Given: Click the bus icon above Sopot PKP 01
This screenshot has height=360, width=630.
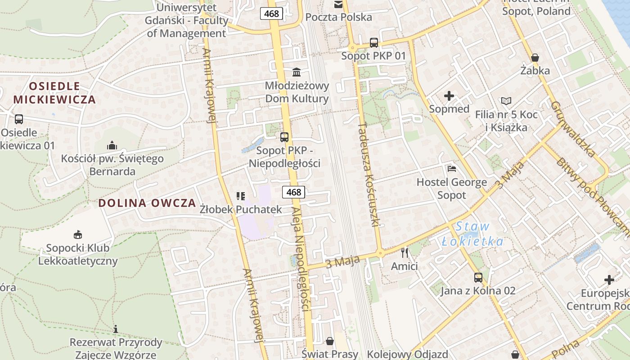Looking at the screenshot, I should [374, 43].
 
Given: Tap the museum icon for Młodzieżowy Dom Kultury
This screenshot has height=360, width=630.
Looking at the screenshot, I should [297, 72].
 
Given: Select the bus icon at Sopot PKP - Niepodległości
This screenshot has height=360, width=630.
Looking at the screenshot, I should [284, 137].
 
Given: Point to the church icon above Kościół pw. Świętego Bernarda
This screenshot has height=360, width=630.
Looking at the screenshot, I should [112, 145].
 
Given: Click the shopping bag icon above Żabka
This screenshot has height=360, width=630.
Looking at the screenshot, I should [535, 58].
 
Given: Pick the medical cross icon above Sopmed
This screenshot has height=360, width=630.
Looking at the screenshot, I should [449, 96].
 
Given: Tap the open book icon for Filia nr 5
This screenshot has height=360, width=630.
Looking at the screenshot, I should [506, 101].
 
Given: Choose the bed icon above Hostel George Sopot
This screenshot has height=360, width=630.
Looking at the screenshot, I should [452, 169].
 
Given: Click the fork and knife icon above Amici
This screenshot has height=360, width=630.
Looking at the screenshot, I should [405, 253].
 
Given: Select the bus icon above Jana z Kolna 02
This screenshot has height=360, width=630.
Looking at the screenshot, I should [478, 278].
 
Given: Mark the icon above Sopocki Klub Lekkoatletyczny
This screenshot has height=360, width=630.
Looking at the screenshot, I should [78, 234].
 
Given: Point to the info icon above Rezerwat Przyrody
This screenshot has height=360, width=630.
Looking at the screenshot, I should [116, 329].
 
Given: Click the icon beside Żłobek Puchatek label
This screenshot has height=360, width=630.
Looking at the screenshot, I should [240, 196].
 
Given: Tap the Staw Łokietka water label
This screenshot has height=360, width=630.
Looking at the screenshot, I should [472, 234].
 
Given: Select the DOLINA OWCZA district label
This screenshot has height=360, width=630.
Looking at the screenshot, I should [147, 202].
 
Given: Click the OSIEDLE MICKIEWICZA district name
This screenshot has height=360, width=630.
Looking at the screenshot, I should [54, 93].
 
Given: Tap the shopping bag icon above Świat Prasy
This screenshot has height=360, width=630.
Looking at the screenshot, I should [330, 341].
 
